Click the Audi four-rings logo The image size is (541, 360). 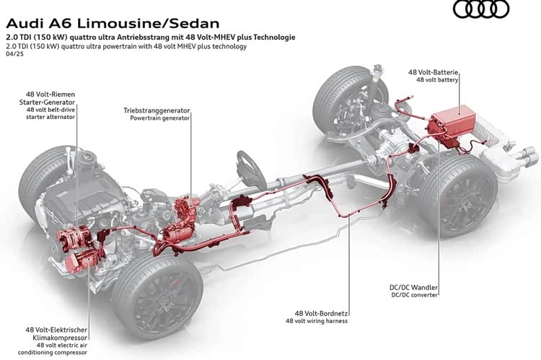(x=480, y=9)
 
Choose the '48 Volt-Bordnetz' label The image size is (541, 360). (x=321, y=313)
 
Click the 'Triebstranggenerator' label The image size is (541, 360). (x=157, y=109)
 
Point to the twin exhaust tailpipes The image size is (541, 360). (x=526, y=155)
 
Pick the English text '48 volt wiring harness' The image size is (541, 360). (x=321, y=321)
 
